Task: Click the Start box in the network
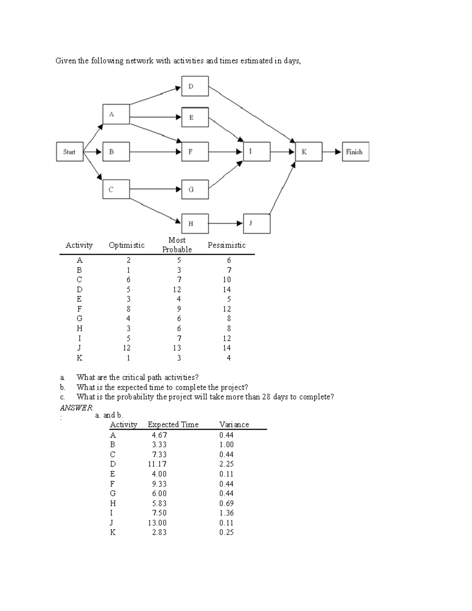coord(70,152)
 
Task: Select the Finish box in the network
coord(355,152)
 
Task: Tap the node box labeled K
coord(308,152)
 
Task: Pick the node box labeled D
coord(195,86)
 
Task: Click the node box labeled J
coord(256,224)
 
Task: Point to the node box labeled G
coord(195,190)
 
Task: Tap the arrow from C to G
coord(155,189)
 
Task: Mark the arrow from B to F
coord(155,152)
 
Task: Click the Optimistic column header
coord(127,245)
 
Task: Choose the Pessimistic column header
coord(227,245)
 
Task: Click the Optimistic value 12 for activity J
coord(127,348)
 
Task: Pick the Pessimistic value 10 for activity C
coord(227,280)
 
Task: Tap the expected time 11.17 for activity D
coord(157,464)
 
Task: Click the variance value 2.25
coord(227,464)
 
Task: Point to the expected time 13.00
coord(157,523)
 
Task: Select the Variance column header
coord(234,425)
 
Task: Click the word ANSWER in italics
coord(76,408)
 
